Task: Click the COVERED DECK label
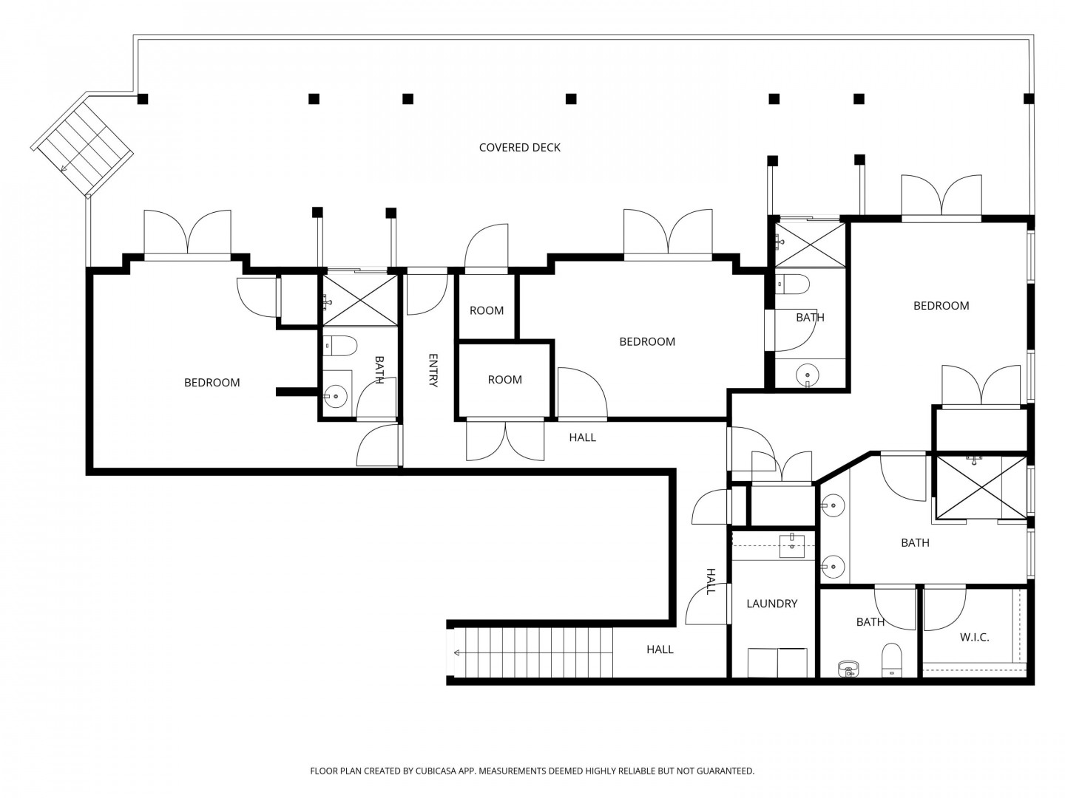pos(520,147)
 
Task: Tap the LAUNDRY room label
pos(771,603)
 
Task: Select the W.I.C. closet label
pos(974,637)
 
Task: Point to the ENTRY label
pos(433,370)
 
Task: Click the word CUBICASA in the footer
pos(436,771)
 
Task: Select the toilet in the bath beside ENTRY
pos(340,346)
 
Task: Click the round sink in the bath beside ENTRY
pos(335,396)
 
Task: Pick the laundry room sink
pos(792,546)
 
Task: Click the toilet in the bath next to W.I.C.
pos(891,660)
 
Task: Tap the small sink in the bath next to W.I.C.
pos(848,669)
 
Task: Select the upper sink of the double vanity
pos(833,505)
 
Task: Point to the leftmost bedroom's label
pos(212,383)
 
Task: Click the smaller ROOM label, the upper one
pos(487,310)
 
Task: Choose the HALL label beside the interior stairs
pos(660,649)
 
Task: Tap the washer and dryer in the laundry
pos(777,662)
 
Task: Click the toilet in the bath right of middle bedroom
pos(792,284)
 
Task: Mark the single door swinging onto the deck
pos(487,246)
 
